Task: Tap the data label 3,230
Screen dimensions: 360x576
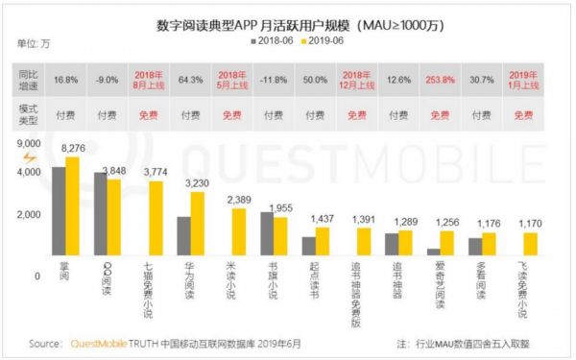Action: (196, 182)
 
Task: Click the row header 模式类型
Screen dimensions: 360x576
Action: (29, 114)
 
